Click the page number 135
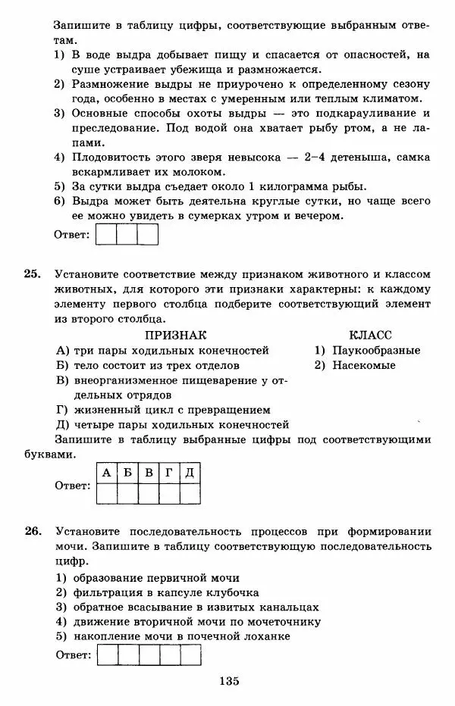(228, 681)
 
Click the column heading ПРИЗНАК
(176, 334)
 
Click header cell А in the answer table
(106, 473)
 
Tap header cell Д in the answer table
(190, 473)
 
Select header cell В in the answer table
(149, 473)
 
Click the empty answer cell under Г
(169, 493)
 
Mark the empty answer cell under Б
(127, 493)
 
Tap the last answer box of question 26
(190, 654)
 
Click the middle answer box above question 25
(127, 235)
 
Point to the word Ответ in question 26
(72, 655)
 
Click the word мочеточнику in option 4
(294, 622)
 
